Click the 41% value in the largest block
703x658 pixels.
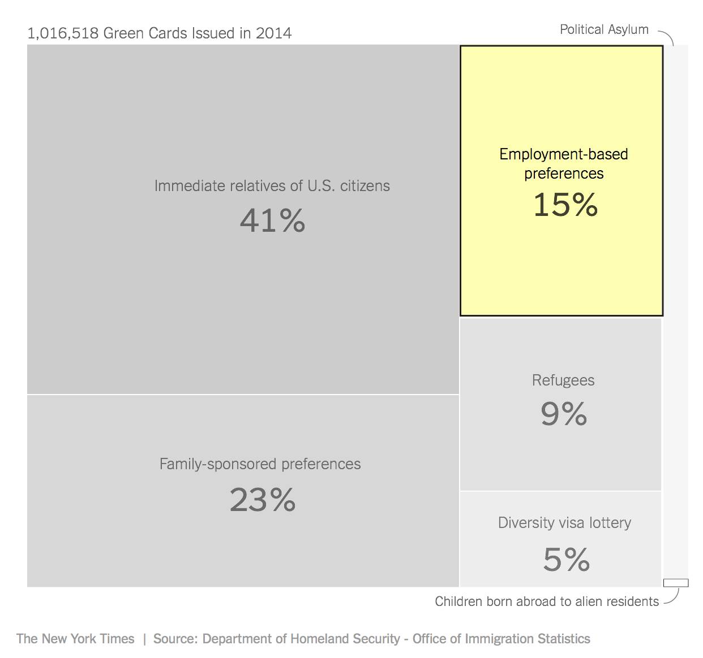(x=272, y=220)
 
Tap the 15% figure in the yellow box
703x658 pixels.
(x=565, y=205)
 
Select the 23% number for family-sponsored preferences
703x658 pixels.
(x=263, y=500)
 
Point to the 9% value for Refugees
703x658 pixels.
(x=564, y=414)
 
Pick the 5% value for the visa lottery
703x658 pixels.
(x=566, y=560)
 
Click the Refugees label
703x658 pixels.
(x=563, y=380)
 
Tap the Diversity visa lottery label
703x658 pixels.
(x=564, y=522)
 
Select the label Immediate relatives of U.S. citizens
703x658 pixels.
(x=272, y=185)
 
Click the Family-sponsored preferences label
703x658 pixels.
(x=260, y=464)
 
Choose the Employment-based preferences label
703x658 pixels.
(x=564, y=163)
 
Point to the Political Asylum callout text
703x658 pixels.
(x=604, y=29)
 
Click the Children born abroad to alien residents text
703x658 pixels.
(x=547, y=601)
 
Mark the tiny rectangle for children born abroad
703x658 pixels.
(x=676, y=583)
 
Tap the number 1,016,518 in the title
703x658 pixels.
(x=63, y=33)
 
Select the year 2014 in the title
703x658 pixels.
(x=273, y=33)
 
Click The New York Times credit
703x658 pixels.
(x=75, y=639)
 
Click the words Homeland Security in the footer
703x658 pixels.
(x=345, y=639)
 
